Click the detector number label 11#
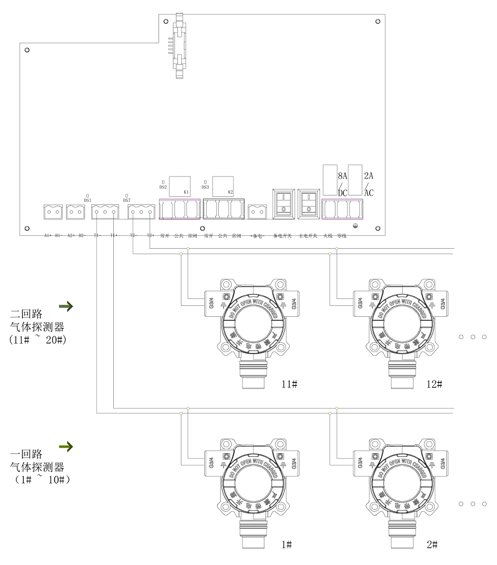tap(289, 384)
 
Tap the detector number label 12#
tap(434, 384)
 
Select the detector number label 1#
tap(286, 545)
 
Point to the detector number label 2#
tap(432, 545)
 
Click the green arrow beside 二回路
tap(66, 305)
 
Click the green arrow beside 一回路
tap(66, 447)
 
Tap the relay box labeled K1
tap(180, 186)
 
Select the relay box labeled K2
tap(223, 186)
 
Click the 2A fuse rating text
tap(369, 176)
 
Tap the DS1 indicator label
tap(87, 200)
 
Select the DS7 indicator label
tap(127, 200)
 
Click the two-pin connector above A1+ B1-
tap(53, 212)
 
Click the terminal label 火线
tap(328, 236)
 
